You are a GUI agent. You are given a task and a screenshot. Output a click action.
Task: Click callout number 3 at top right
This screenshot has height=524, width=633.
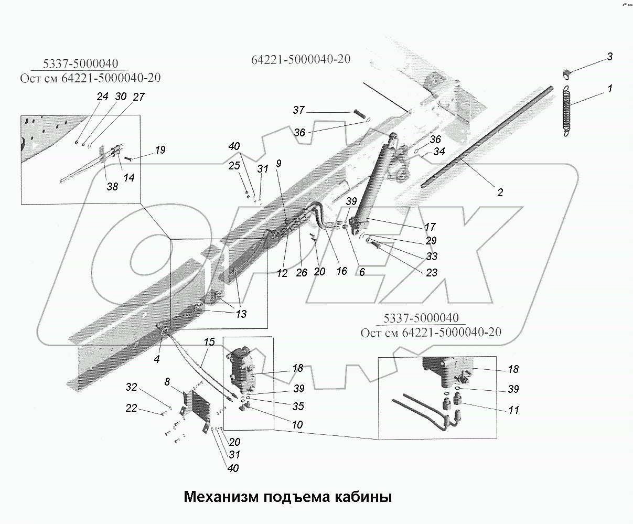click(x=610, y=57)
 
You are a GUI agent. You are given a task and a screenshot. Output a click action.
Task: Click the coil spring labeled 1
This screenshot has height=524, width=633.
click(x=565, y=112)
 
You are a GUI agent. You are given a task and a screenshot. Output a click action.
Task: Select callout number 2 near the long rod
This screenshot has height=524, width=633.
click(x=500, y=193)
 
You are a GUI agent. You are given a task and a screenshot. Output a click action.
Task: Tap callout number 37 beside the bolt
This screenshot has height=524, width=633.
click(x=298, y=110)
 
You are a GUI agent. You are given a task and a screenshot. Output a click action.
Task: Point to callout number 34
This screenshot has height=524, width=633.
click(x=439, y=152)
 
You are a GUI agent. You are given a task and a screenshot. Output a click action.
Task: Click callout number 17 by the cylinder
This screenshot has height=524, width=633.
click(x=430, y=227)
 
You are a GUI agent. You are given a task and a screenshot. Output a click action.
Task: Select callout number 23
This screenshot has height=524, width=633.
click(x=431, y=273)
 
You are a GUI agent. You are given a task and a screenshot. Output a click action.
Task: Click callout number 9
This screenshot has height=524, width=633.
click(x=278, y=164)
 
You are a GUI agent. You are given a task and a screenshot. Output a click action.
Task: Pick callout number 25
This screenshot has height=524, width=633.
click(x=234, y=166)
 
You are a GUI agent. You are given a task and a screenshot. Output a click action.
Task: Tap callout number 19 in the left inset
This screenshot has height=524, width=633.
click(x=160, y=150)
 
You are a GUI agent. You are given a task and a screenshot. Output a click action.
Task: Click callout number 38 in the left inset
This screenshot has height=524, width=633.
click(x=112, y=186)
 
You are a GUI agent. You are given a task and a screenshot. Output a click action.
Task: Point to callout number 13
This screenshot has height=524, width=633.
click(x=241, y=314)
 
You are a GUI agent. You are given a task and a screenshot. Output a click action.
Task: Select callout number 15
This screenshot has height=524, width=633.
click(x=209, y=342)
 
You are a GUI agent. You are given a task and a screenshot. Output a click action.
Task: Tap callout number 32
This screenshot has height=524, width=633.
click(x=131, y=387)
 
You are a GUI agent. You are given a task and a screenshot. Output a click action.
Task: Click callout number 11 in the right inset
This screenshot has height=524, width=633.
click(x=513, y=410)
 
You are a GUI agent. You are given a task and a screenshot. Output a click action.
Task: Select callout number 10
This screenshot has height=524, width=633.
click(x=297, y=424)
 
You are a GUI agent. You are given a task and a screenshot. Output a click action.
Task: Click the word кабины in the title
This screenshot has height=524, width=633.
click(x=363, y=496)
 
